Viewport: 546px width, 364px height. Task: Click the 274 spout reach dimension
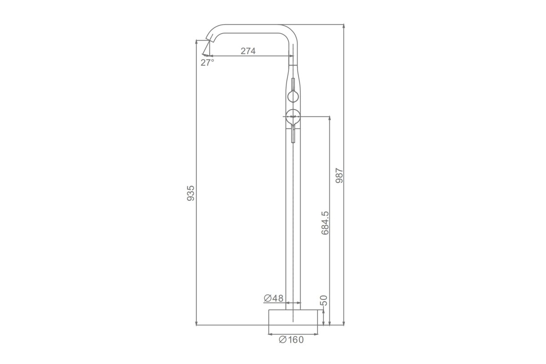click(x=248, y=51)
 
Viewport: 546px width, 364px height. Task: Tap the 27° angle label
click(x=207, y=63)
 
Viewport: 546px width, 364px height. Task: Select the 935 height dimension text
click(x=191, y=193)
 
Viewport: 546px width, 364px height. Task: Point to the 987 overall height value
click(x=339, y=176)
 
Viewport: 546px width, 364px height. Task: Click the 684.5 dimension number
click(x=325, y=223)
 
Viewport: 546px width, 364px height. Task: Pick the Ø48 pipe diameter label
click(x=274, y=298)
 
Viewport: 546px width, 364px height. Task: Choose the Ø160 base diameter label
click(x=292, y=339)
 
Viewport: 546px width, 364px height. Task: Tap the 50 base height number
click(x=324, y=300)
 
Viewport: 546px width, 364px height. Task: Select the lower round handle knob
click(x=293, y=117)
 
